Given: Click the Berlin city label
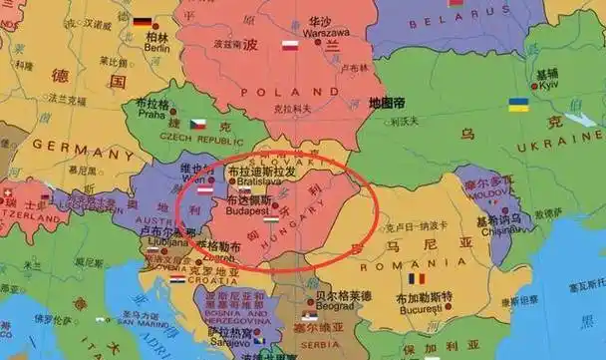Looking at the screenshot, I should coord(156,46).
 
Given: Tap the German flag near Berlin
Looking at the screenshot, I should coord(142,22).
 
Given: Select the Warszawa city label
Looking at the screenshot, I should coord(319,31).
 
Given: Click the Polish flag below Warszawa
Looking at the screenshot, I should coord(290,45).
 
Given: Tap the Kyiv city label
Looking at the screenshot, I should coord(547,86).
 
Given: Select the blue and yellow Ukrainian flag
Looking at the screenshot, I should coord(518,104).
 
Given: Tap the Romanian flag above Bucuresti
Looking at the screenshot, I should coord(416,279).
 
